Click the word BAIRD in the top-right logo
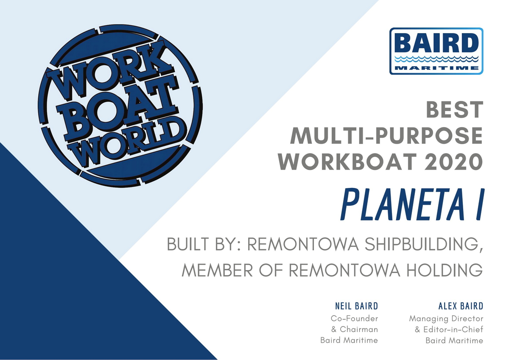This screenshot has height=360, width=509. pyautogui.click(x=436, y=44)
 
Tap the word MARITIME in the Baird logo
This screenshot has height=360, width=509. pyautogui.click(x=436, y=68)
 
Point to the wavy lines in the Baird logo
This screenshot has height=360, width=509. pyautogui.click(x=436, y=59)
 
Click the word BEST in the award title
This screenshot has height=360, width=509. pyautogui.click(x=454, y=110)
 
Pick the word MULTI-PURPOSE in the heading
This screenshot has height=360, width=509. pyautogui.click(x=386, y=136)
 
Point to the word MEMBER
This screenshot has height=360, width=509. pyautogui.click(x=217, y=270)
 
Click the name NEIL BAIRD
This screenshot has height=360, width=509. pyautogui.click(x=357, y=306)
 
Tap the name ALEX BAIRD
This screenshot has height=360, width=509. pyautogui.click(x=461, y=306)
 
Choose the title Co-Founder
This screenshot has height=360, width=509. pyautogui.click(x=355, y=318)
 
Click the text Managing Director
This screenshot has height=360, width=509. pyautogui.click(x=446, y=319)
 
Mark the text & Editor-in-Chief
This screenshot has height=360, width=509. pyautogui.click(x=449, y=329)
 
